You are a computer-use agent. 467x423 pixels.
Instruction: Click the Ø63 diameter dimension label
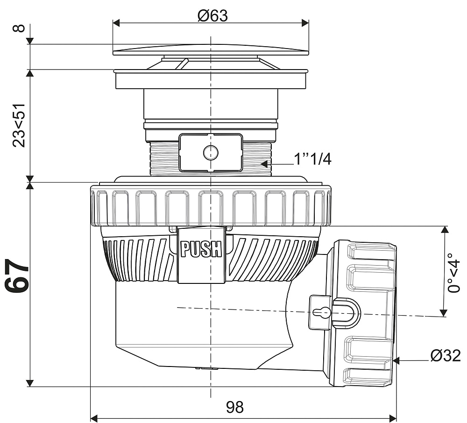[x=212, y=15]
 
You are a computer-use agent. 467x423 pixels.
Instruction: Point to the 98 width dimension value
[x=235, y=407]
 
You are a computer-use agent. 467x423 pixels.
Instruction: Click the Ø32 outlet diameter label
[x=446, y=356]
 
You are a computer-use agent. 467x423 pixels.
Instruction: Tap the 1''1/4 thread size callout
[x=312, y=159]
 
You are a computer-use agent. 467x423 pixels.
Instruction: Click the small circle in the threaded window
[x=211, y=152]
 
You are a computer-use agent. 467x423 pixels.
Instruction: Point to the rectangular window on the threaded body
[x=211, y=152]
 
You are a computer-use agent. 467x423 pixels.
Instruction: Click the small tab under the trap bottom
[x=206, y=368]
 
